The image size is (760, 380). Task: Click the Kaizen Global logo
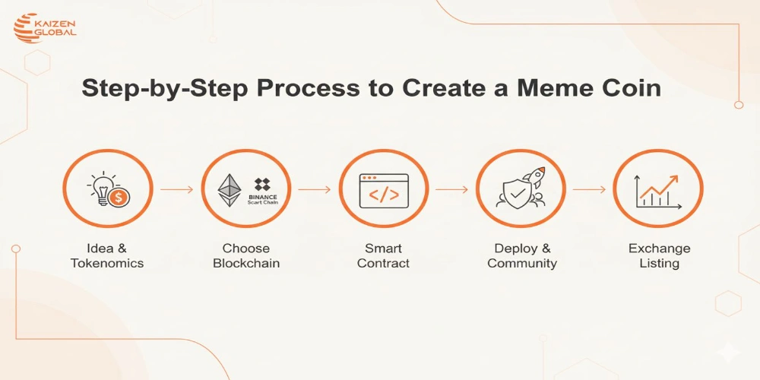click(45, 29)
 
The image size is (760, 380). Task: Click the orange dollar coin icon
click(119, 198)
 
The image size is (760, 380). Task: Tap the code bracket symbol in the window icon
click(384, 195)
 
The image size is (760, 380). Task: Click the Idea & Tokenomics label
click(107, 255)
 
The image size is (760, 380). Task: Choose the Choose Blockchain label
click(246, 255)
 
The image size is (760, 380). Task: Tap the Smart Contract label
click(384, 255)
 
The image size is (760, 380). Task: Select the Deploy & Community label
click(521, 255)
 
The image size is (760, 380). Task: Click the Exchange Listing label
click(659, 255)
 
